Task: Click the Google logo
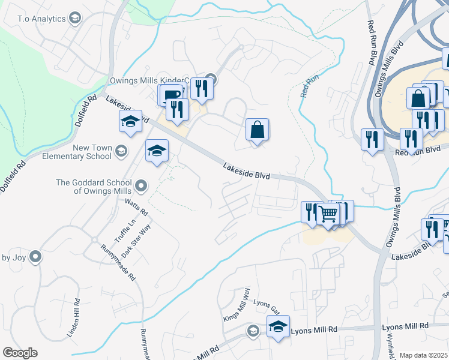(20, 353)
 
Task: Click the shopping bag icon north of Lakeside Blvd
(257, 130)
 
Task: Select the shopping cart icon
(327, 214)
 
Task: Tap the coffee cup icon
(170, 95)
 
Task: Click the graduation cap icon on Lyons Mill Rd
(278, 326)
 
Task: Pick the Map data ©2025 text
(424, 355)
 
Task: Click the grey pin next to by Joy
(35, 257)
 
